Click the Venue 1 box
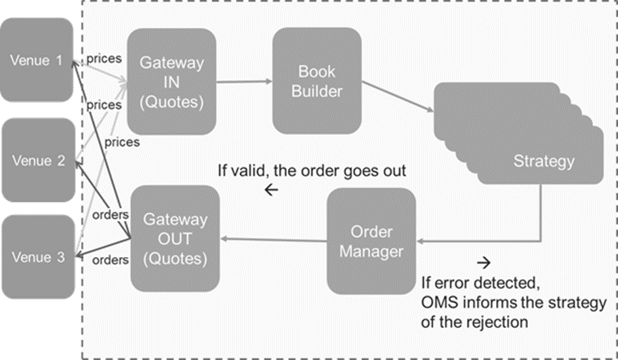[x=37, y=60]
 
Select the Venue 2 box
[x=38, y=160]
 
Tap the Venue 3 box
[x=38, y=257]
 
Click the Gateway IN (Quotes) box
[x=171, y=81]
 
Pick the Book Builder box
[x=317, y=81]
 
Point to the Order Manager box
[x=371, y=241]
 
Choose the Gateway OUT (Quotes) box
[x=175, y=239]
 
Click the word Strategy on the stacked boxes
[x=544, y=161]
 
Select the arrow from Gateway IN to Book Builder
[x=245, y=81]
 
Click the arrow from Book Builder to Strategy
[x=398, y=96]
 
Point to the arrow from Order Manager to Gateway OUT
[x=273, y=239]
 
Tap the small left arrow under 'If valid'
[x=272, y=190]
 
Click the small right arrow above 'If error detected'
[x=484, y=262]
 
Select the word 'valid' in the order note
[x=248, y=171]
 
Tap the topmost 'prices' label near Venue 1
[x=104, y=59]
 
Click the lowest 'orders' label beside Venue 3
[x=110, y=260]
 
